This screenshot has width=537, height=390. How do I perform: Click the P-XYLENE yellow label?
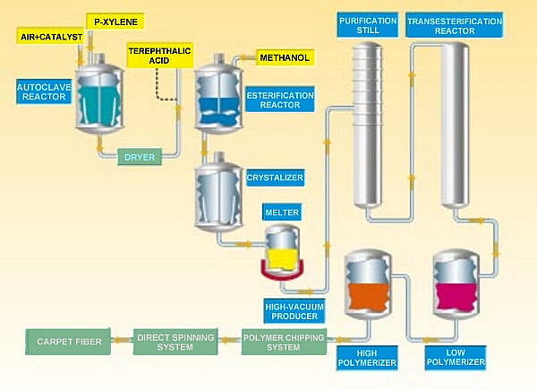pyautogui.click(x=116, y=19)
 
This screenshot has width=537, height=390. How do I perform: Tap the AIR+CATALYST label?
pyautogui.click(x=50, y=37)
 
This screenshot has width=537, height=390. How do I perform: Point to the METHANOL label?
pyautogui.click(x=286, y=58)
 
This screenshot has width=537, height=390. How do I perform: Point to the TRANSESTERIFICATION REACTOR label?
pyautogui.click(x=448, y=25)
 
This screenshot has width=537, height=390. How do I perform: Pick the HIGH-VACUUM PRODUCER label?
pyautogui.click(x=294, y=311)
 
